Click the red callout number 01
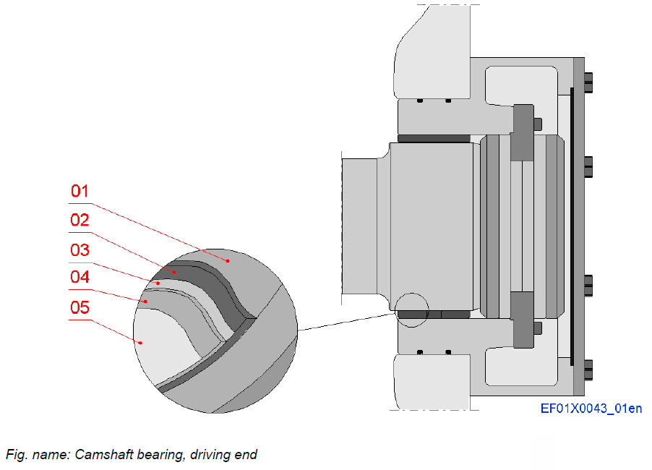point(80,192)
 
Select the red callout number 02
point(80,221)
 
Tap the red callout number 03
point(80,250)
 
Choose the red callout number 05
point(80,308)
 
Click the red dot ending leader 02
point(174,272)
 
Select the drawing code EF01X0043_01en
point(591,409)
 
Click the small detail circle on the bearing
point(412,310)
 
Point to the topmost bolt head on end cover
point(588,82)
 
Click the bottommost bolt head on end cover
point(588,369)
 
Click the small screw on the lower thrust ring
point(537,328)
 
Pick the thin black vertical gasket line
point(571,224)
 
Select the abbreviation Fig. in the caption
point(16,455)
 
